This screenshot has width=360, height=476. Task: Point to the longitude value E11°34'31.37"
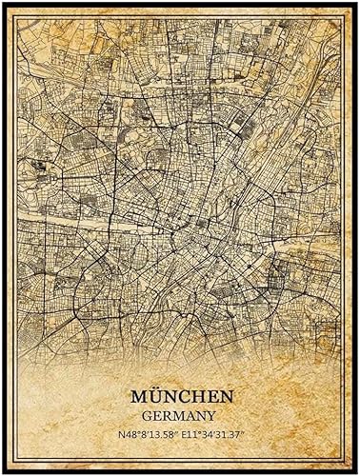[216, 433]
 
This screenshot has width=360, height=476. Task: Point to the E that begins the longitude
[184, 433]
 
